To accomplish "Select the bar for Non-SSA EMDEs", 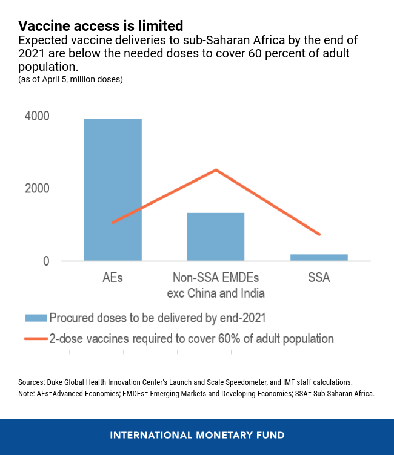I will tap(216, 237).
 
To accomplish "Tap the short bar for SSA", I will tap(319, 257).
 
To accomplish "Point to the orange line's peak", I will tap(216, 170).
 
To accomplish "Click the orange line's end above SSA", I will tap(319, 234).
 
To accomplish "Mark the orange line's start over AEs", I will tap(113, 223).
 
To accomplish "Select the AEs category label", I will tap(113, 278).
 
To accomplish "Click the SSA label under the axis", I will tap(319, 278).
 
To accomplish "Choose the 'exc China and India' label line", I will tap(216, 293).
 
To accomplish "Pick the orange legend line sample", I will tap(35, 339).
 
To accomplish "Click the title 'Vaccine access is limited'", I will tap(100, 26).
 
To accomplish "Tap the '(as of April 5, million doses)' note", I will tap(70, 79).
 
